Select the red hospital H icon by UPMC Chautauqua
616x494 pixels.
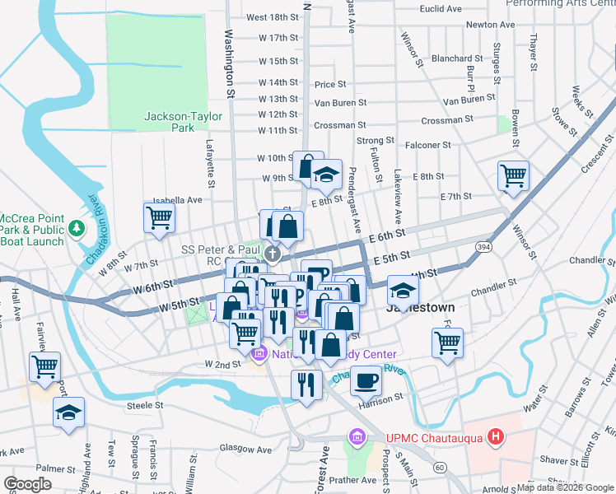tap(495, 436)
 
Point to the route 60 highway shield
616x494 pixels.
tap(441, 468)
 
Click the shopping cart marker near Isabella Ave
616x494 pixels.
tap(158, 217)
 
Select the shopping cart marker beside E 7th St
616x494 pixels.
tap(513, 175)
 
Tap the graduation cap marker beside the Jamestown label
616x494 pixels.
tap(403, 290)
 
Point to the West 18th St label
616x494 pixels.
tap(271, 17)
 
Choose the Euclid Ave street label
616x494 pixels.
tap(441, 8)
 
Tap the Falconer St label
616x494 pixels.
tap(428, 145)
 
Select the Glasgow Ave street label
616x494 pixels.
tap(240, 448)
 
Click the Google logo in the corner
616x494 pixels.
tap(28, 484)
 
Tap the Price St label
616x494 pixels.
tap(329, 84)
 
